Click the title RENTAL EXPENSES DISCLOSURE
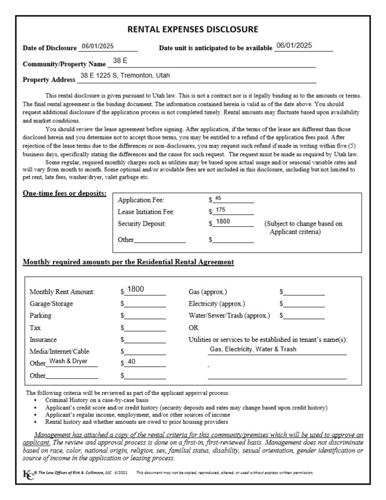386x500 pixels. [x=192, y=29]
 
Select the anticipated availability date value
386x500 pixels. [x=294, y=46]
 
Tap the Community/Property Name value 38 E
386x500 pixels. [x=120, y=61]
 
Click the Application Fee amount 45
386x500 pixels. [x=218, y=198]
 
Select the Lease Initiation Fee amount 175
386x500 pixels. [x=220, y=210]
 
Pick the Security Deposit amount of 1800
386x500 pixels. [x=223, y=222]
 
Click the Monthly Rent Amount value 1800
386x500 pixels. [x=136, y=289]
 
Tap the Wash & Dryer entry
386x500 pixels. [x=69, y=361]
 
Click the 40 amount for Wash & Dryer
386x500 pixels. [x=131, y=361]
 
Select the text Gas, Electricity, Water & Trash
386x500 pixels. [x=253, y=349]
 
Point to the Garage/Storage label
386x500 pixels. [x=51, y=303]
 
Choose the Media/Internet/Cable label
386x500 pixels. [x=59, y=351]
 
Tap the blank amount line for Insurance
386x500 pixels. [x=144, y=340]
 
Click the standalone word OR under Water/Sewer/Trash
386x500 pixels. [x=194, y=327]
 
